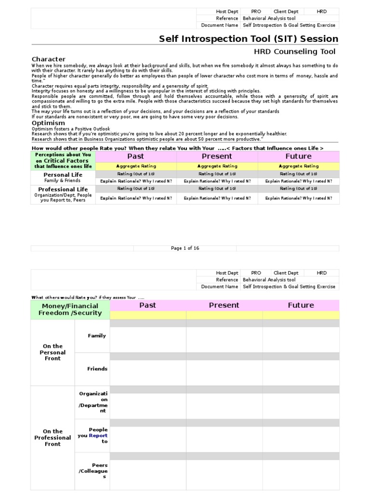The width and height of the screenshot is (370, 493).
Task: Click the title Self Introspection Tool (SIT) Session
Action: pyautogui.click(x=249, y=39)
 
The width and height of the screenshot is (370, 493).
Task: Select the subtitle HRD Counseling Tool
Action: pyautogui.click(x=295, y=52)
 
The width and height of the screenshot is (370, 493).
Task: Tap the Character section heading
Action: pyautogui.click(x=49, y=59)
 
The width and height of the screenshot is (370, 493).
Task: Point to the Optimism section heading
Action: pyautogui.click(x=48, y=123)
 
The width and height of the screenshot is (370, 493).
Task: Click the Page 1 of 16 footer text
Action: pyautogui.click(x=185, y=248)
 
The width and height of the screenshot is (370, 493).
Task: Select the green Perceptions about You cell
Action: pyautogui.click(x=63, y=160)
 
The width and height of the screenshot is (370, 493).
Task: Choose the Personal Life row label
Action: pyautogui.click(x=63, y=175)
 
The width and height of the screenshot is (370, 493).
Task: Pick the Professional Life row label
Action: pyautogui.click(x=63, y=189)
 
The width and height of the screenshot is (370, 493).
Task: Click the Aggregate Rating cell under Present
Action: pyautogui.click(x=217, y=166)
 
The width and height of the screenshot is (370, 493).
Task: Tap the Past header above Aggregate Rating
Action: pyautogui.click(x=136, y=156)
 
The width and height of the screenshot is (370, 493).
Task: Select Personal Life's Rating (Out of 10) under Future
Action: pyautogui.click(x=299, y=174)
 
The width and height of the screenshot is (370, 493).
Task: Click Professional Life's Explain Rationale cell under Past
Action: pyautogui.click(x=136, y=198)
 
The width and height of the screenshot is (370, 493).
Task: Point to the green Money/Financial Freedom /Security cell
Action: pyautogui.click(x=70, y=309)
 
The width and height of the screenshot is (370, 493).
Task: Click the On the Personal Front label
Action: pyautogui.click(x=53, y=352)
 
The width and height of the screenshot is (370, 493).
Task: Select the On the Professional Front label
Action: pyautogui.click(x=53, y=438)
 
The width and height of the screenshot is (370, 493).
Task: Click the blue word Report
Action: pyautogui.click(x=98, y=436)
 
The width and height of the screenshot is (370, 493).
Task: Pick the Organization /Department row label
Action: pyautogui.click(x=93, y=402)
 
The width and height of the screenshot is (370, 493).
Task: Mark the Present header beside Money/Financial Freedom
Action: pyautogui.click(x=224, y=305)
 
